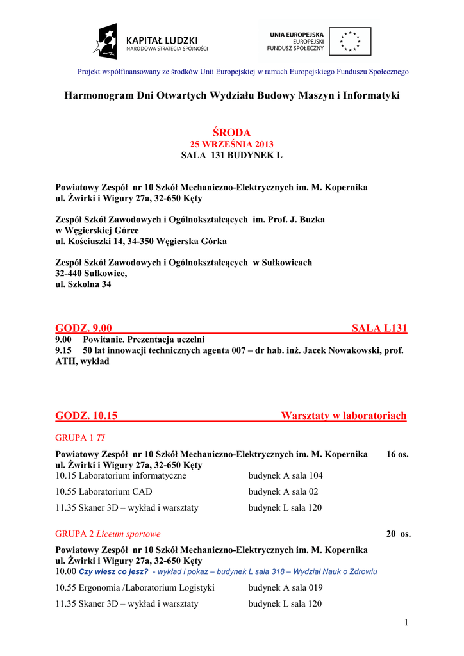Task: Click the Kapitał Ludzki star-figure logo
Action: pos(106,41)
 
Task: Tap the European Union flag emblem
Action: pos(351,40)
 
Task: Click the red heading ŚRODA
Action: pos(231,133)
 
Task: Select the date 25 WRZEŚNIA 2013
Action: pos(231,144)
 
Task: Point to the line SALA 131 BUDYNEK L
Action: pos(231,155)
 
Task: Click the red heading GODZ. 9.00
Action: pos(84,329)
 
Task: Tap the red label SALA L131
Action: pos(379,329)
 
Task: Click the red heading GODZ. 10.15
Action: pos(87,416)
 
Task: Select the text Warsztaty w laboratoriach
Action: pos(344,416)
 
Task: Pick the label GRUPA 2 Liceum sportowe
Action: pos(108,534)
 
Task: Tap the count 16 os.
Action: pos(397,454)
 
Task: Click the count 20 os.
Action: pos(398,534)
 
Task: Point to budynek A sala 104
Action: pos(285,476)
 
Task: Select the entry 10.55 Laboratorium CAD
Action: pos(104,492)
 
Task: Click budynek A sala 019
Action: pos(285,587)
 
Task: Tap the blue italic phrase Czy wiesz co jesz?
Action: pos(113,571)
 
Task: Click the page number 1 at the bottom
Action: pos(406,622)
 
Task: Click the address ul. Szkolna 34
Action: pos(83,284)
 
